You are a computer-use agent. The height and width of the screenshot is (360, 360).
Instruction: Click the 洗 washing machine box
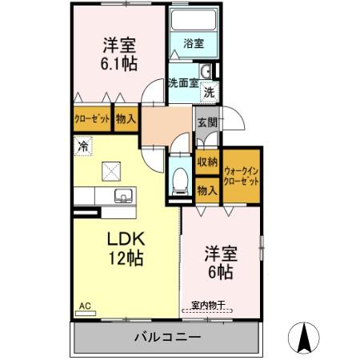tap(208, 92)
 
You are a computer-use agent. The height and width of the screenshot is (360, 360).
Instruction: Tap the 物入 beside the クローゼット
tap(126, 118)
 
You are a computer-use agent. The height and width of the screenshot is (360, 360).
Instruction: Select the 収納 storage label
tap(207, 162)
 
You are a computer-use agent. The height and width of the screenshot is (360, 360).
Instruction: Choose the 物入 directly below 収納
tap(207, 190)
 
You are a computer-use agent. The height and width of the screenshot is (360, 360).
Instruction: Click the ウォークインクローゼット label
tap(242, 176)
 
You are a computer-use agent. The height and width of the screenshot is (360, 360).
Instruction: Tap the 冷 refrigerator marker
tap(82, 146)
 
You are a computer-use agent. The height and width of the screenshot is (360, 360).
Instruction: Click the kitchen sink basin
tap(123, 197)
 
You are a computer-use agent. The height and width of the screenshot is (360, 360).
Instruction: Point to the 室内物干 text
tap(210, 305)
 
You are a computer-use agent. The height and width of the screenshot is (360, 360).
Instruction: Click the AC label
tap(85, 306)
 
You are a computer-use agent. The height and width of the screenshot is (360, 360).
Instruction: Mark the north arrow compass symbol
tap(305, 338)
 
